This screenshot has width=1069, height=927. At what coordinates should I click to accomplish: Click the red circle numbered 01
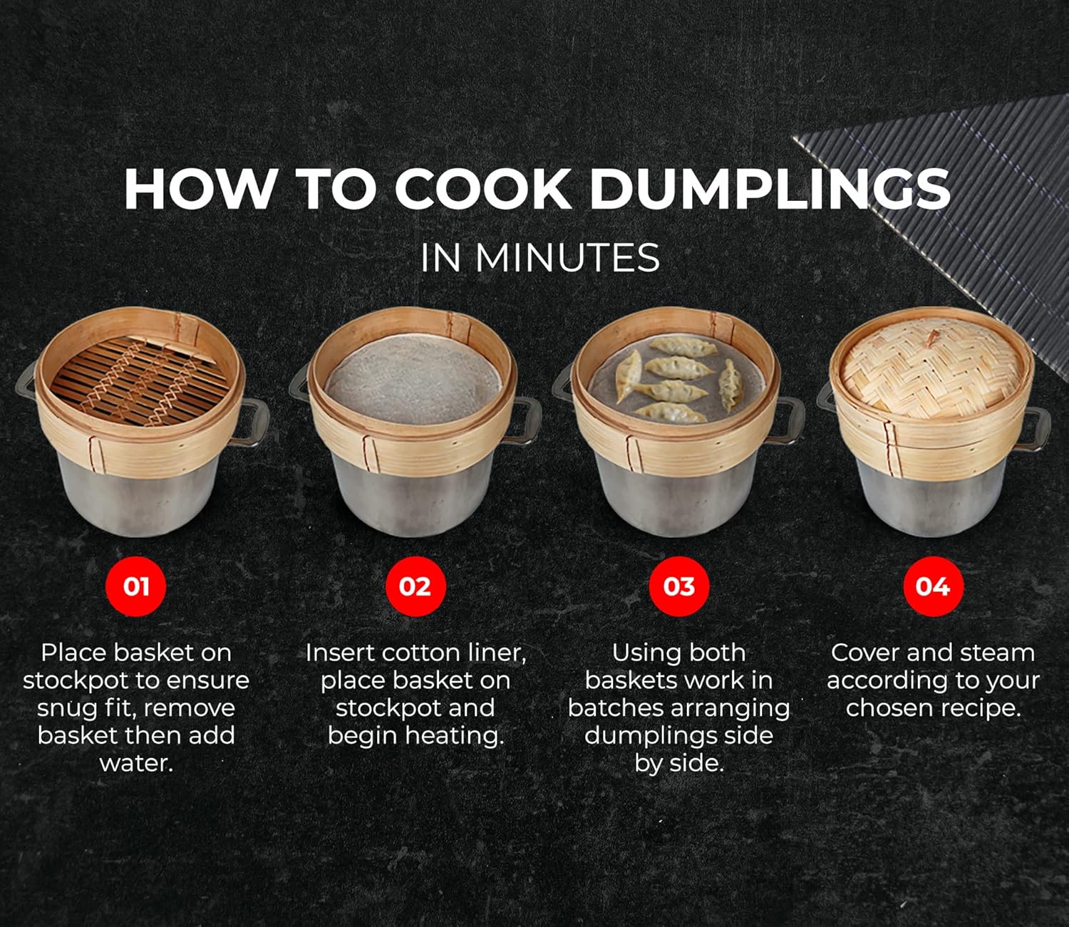135,586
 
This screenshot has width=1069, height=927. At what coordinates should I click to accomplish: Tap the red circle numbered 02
415,586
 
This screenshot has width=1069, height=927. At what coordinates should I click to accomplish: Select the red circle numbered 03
678,586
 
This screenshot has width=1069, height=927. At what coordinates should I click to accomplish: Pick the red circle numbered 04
932,586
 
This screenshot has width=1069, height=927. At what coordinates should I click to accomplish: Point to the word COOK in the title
482,190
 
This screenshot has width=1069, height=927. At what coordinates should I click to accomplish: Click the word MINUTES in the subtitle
567,258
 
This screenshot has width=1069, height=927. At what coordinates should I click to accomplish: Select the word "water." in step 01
136,763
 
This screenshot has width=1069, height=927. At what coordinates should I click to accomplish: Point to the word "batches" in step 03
619,708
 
